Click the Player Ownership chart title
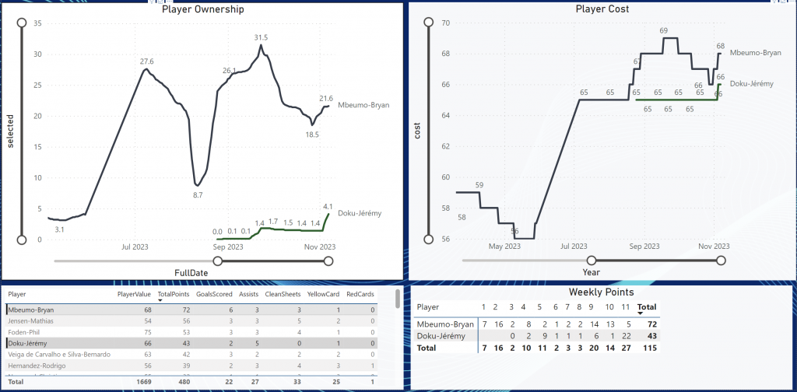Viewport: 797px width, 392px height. point(202,10)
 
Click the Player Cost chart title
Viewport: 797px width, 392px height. point(602,9)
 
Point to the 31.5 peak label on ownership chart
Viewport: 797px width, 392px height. point(261,37)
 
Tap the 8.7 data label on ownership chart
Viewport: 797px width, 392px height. point(198,195)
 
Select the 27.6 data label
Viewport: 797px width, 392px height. point(146,61)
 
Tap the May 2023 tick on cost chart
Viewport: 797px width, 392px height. point(504,247)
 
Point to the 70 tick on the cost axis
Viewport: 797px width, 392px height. point(446,23)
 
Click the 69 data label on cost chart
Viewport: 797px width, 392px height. point(663,31)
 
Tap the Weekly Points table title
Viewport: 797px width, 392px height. point(601,292)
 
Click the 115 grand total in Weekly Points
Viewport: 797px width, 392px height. point(648,348)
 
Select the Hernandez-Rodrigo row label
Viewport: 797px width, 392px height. point(37,366)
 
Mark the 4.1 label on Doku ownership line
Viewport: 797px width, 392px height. point(328,206)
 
